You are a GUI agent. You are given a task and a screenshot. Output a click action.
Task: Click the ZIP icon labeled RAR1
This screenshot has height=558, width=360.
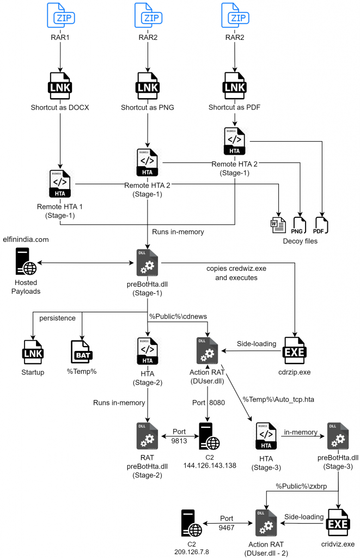pyautogui.click(x=60, y=16)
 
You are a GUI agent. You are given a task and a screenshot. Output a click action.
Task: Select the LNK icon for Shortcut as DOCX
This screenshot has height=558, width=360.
pyautogui.click(x=60, y=84)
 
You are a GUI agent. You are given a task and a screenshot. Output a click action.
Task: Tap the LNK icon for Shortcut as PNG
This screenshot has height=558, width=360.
pyautogui.click(x=148, y=84)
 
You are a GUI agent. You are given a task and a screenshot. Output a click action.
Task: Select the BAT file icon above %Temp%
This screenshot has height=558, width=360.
pyautogui.click(x=82, y=351)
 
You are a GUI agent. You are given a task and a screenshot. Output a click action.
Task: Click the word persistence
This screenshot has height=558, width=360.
pyautogui.click(x=57, y=317)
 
